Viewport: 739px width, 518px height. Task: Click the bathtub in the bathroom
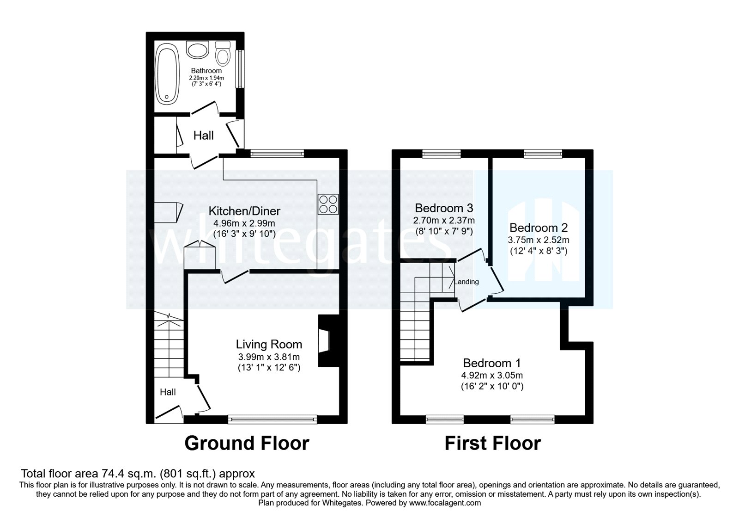(x=166, y=74)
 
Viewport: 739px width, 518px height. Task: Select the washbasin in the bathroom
(x=198, y=49)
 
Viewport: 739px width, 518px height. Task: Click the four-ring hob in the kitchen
(x=328, y=204)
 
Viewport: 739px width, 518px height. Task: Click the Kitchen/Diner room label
(x=244, y=211)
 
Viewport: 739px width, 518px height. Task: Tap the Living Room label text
(x=269, y=345)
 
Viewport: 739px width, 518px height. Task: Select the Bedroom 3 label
(x=443, y=208)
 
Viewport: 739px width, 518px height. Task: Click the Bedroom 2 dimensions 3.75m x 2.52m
(x=539, y=240)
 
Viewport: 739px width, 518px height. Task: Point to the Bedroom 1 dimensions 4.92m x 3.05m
(x=492, y=375)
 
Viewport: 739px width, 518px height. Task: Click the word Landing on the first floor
(x=467, y=282)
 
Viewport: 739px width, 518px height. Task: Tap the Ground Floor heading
(x=247, y=443)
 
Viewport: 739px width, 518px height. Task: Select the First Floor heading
(x=492, y=443)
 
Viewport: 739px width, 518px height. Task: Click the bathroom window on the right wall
(x=240, y=68)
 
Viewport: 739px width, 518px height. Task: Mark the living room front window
(x=273, y=419)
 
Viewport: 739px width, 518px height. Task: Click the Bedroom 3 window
(x=442, y=154)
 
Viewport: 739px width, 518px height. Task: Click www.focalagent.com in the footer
(x=445, y=503)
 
